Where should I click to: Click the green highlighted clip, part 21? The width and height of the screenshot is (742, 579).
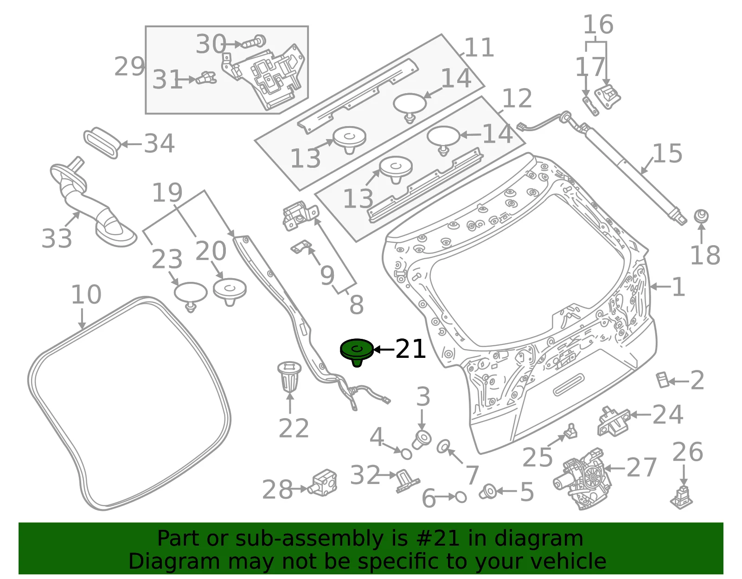coord(357,352)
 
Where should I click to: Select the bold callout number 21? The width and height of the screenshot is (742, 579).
coord(410,349)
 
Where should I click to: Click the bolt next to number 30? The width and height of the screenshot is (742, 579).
coord(254,42)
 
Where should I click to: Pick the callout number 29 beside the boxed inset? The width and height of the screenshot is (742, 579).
coord(129,66)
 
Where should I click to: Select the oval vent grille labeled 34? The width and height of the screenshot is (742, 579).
coord(102,143)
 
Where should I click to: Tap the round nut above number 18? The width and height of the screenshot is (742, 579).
coord(701,216)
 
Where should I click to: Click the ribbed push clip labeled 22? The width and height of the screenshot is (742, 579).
coord(289,377)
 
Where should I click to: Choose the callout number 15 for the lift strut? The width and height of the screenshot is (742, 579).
coord(667,153)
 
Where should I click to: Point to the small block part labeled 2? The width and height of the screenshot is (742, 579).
coord(663,380)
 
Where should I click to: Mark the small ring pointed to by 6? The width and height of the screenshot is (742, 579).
coord(461,497)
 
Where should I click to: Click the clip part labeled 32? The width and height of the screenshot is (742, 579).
coord(407,481)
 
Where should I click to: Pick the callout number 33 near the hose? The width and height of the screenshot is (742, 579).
coord(57,238)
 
